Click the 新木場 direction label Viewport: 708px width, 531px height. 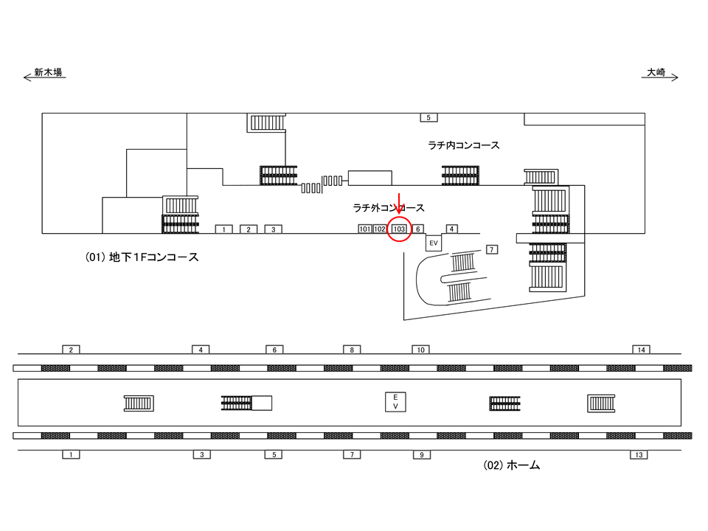click(48, 72)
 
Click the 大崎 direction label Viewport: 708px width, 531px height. click(656, 72)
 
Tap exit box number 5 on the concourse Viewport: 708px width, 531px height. click(428, 117)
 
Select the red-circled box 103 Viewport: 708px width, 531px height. click(399, 229)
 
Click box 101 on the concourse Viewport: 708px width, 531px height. click(364, 229)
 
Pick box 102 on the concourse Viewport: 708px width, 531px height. click(379, 229)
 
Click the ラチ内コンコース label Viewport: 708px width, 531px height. click(463, 145)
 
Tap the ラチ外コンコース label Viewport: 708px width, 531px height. click(389, 209)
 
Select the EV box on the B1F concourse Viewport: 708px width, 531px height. click(433, 243)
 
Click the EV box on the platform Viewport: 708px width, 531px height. click(395, 402)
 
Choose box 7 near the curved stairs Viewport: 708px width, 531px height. click(492, 248)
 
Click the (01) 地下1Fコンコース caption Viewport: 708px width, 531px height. click(142, 258)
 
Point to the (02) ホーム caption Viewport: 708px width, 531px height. click(512, 466)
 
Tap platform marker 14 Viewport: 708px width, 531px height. click(641, 349)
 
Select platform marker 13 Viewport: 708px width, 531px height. click(638, 454)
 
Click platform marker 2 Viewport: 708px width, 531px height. click(70, 349)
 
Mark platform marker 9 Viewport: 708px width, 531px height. click(420, 454)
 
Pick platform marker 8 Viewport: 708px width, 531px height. click(351, 349)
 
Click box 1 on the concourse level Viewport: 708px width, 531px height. click(223, 229)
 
